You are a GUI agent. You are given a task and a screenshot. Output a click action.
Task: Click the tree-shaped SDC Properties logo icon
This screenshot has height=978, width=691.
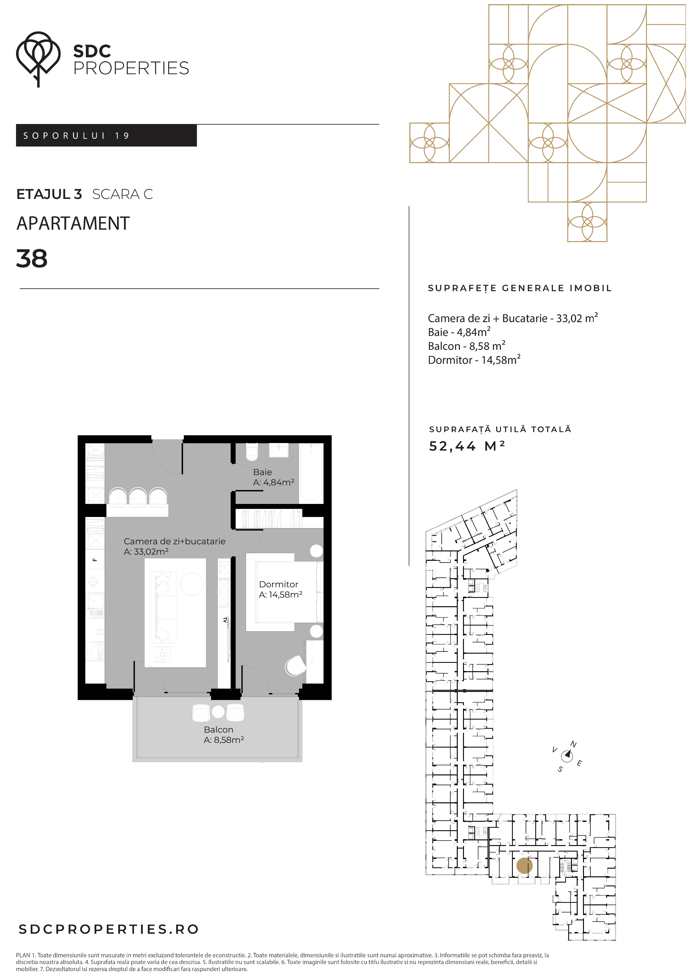point(38,59)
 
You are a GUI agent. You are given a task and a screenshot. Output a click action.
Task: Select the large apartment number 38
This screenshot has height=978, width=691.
point(32,259)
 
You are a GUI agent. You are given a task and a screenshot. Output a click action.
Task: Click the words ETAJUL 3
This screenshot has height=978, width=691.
point(49,194)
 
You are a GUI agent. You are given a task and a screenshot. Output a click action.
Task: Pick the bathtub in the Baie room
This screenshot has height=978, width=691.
point(311,472)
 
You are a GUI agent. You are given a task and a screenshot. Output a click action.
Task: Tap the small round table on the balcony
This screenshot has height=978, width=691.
point(218,711)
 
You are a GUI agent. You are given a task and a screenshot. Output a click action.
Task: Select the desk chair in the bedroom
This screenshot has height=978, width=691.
point(295,666)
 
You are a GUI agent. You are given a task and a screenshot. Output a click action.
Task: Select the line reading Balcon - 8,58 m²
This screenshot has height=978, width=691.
point(467,346)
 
